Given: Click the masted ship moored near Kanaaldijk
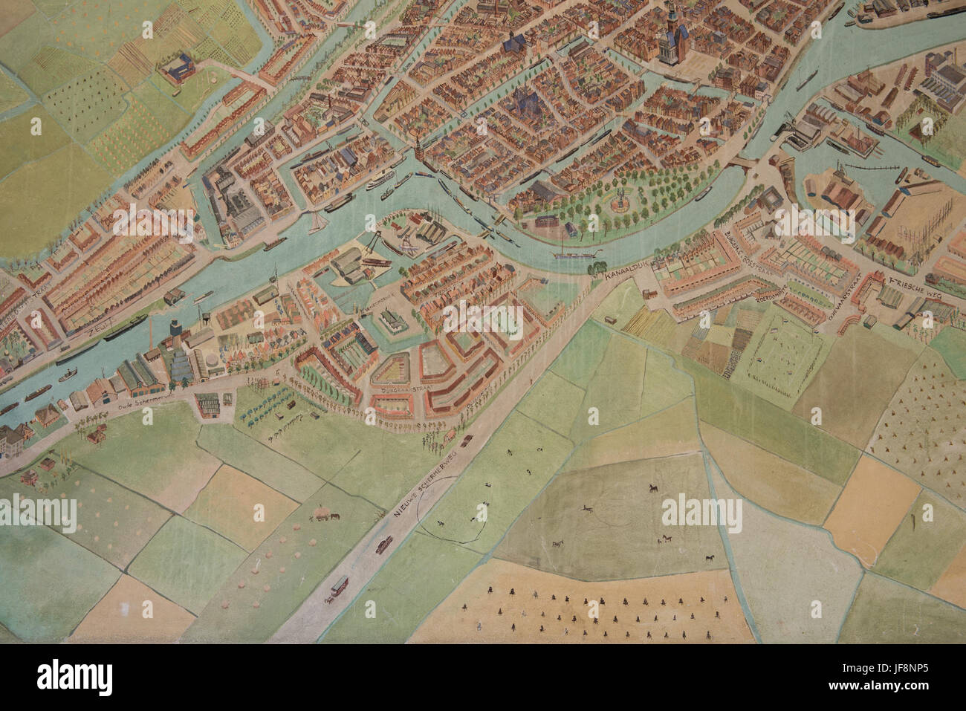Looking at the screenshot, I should click(577, 251).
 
